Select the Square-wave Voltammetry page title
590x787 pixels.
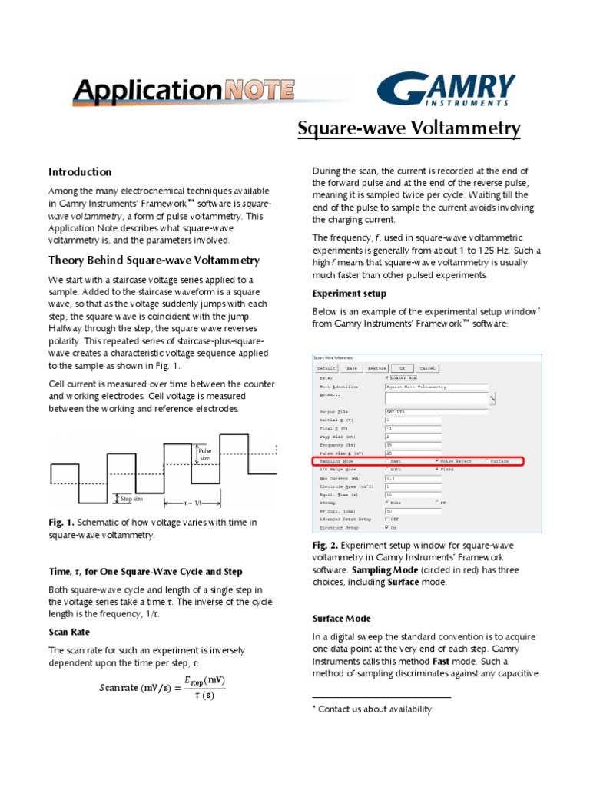(x=409, y=128)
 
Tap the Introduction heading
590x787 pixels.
(x=80, y=172)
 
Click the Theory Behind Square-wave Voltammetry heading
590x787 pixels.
(x=154, y=261)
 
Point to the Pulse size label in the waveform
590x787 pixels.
(x=204, y=454)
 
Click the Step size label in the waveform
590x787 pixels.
(x=132, y=498)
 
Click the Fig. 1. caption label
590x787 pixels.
(x=61, y=523)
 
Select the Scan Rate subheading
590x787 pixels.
(x=69, y=632)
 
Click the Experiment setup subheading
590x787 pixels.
(x=349, y=294)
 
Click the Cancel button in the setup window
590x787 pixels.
(x=427, y=367)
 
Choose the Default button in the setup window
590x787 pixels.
(x=327, y=367)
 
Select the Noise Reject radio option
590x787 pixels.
(x=438, y=461)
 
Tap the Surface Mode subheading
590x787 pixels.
(x=341, y=619)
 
